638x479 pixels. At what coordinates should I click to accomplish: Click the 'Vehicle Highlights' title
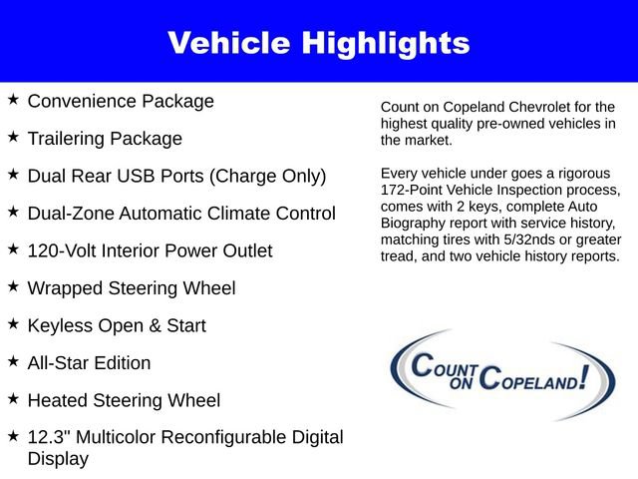pos(318,43)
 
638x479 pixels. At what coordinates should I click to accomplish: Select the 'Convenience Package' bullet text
pos(121,101)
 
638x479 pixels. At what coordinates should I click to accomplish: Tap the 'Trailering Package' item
pos(105,139)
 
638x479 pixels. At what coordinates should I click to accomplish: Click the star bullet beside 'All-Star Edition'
pos(13,361)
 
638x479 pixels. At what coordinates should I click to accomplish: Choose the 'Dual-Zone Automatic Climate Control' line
pos(181,214)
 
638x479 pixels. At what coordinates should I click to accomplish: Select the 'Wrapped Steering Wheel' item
pos(132,288)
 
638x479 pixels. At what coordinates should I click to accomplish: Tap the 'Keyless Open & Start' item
pos(117,326)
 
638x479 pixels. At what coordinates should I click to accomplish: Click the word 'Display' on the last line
pos(58,459)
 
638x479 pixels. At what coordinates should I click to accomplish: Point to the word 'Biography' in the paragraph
pos(416,223)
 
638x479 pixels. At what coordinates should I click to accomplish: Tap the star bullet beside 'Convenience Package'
pos(13,100)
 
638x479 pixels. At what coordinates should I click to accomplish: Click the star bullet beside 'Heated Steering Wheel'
pos(13,399)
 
